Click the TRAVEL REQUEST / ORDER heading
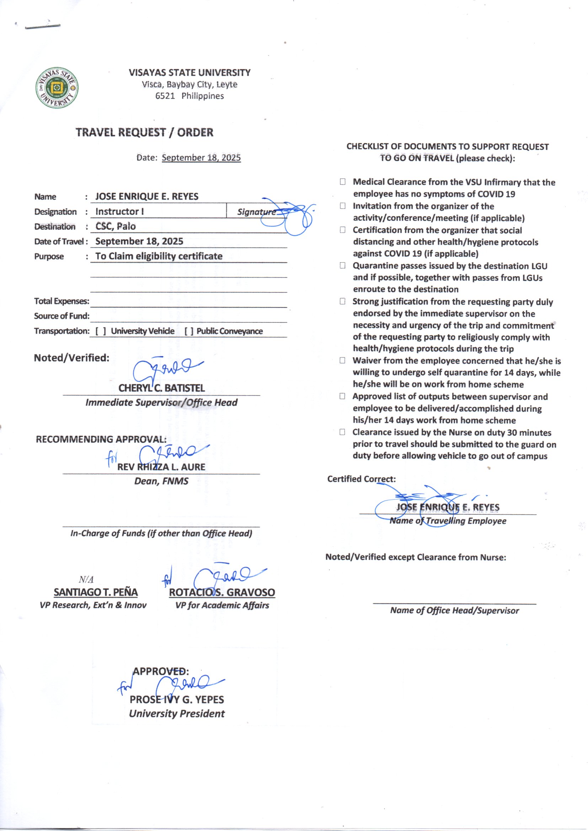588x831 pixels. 144,133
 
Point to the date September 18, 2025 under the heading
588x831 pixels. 201,158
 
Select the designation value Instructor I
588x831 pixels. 119,211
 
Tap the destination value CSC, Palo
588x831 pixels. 116,226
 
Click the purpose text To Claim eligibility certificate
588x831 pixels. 159,256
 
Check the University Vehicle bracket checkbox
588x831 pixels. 101,331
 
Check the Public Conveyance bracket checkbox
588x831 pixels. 189,331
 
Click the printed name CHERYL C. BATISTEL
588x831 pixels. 161,388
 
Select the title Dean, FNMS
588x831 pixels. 161,481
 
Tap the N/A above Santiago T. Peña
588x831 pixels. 86,580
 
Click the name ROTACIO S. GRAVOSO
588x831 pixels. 222,593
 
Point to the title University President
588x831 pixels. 177,714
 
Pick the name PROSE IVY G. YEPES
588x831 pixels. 177,699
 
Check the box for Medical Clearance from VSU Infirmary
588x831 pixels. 342,182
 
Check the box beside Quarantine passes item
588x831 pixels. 342,265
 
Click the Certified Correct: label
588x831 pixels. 361,479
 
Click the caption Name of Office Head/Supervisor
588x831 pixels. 454,611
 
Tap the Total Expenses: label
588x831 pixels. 62,301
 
